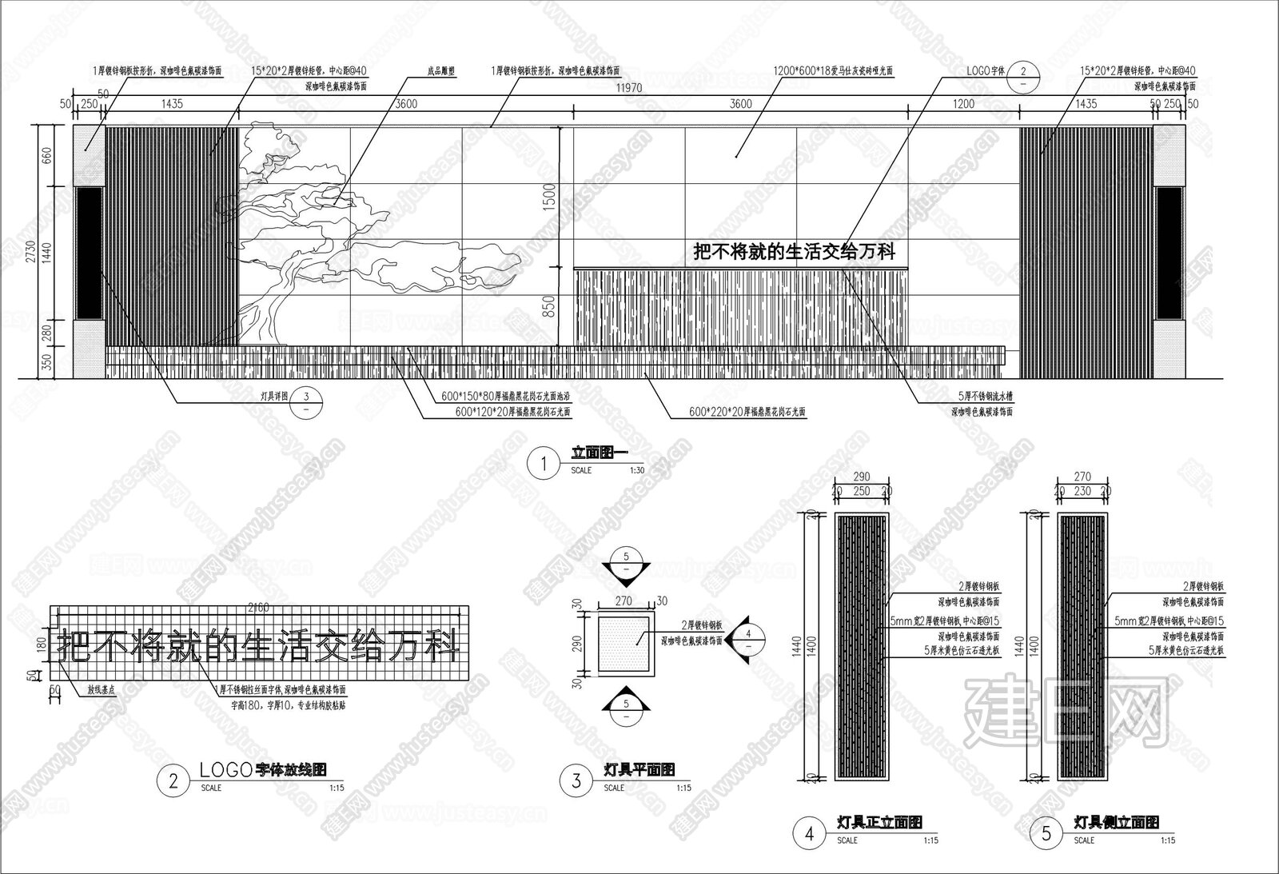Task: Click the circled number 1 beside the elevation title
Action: [544, 465]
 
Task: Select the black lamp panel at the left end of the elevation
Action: [89, 253]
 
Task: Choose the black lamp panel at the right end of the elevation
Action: [1169, 253]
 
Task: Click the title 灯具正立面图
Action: [879, 821]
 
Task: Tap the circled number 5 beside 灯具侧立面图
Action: [1047, 834]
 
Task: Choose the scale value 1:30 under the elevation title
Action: [636, 470]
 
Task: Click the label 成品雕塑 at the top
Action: [441, 70]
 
